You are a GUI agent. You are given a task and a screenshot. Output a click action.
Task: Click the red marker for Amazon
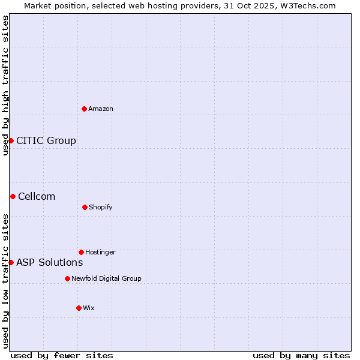pyautogui.click(x=85, y=109)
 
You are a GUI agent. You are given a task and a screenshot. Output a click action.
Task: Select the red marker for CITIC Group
pyautogui.click(x=11, y=140)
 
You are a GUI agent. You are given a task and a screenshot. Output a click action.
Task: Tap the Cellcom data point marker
pyautogui.click(x=13, y=196)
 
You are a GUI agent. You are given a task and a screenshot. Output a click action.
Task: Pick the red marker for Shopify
pyautogui.click(x=85, y=207)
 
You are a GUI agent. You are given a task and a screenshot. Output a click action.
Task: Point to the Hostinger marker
pyautogui.click(x=81, y=252)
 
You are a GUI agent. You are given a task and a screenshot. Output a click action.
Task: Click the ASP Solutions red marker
pyautogui.click(x=11, y=262)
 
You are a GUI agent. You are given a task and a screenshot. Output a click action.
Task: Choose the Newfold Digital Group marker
pyautogui.click(x=67, y=278)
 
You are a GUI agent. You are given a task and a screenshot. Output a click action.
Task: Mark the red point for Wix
pyautogui.click(x=79, y=308)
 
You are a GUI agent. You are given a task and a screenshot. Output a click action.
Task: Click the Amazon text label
pyautogui.click(x=101, y=109)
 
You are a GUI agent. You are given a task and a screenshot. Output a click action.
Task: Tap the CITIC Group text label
pyautogui.click(x=46, y=140)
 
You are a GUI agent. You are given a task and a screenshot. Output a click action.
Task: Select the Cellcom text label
pyautogui.click(x=37, y=196)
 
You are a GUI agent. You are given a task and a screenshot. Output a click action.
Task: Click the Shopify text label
pyautogui.click(x=101, y=207)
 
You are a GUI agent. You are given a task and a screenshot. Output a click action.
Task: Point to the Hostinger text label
pyautogui.click(x=100, y=252)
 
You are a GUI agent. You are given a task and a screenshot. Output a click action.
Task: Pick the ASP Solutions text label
pyautogui.click(x=50, y=262)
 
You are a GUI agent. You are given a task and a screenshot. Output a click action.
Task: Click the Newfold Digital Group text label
pyautogui.click(x=106, y=278)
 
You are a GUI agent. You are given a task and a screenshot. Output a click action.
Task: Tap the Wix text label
pyautogui.click(x=89, y=308)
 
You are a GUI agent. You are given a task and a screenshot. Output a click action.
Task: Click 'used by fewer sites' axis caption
pyautogui.click(x=62, y=355)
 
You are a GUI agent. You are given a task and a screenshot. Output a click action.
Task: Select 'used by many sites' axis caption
pyautogui.click(x=301, y=355)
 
